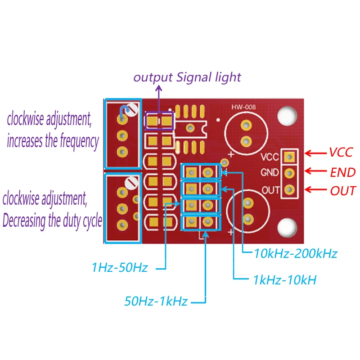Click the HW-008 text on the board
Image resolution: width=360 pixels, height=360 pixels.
[243, 107]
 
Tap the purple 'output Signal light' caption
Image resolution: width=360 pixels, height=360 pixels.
[187, 77]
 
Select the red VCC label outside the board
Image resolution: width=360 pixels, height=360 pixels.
[341, 152]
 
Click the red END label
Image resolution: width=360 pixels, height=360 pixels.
[343, 172]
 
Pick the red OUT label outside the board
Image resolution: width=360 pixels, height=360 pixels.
[343, 191]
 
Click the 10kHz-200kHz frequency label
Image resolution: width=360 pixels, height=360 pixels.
[296, 253]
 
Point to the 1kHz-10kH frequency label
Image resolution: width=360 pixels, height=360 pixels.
[285, 280]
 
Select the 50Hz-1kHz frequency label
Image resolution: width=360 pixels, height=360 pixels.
[156, 301]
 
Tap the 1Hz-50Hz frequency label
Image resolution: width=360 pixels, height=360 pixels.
[120, 267]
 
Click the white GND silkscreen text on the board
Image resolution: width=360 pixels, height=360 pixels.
[270, 172]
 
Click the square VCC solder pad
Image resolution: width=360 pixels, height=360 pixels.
[289, 157]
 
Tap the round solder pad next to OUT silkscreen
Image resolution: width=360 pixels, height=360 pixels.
[289, 189]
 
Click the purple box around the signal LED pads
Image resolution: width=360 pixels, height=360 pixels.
[159, 112]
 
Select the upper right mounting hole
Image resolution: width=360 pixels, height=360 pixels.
[287, 116]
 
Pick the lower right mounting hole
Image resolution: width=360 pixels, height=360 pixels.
[287, 228]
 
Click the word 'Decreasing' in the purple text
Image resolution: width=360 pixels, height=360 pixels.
[24, 220]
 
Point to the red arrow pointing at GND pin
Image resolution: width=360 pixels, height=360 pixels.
[316, 171]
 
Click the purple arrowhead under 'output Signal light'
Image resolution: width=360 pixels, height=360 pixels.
[159, 88]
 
